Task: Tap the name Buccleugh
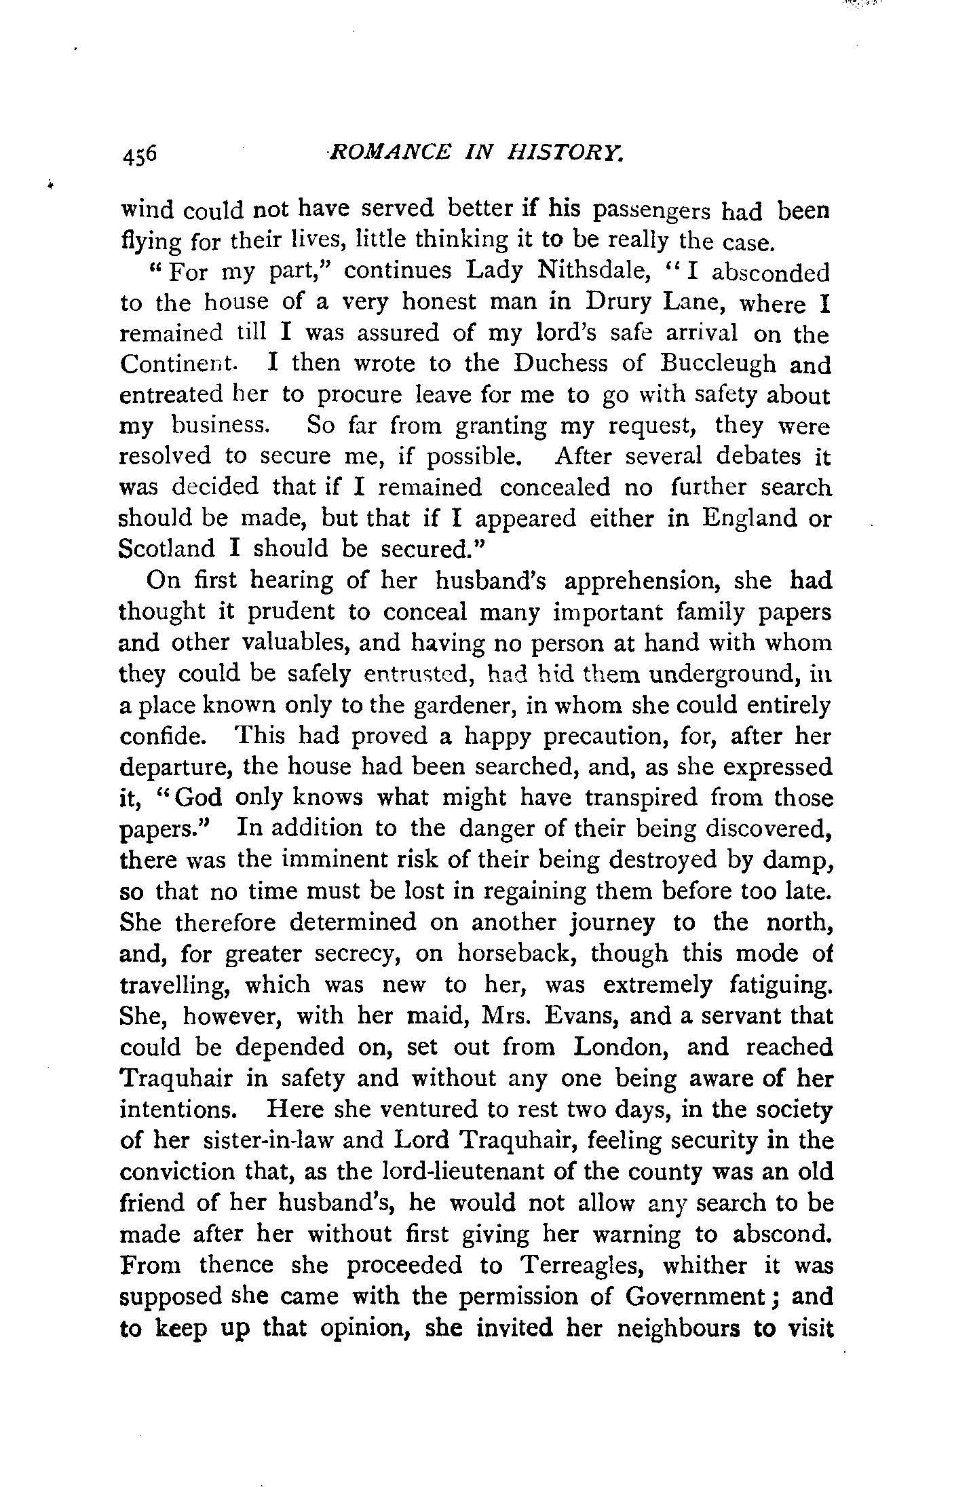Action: [718, 364]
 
